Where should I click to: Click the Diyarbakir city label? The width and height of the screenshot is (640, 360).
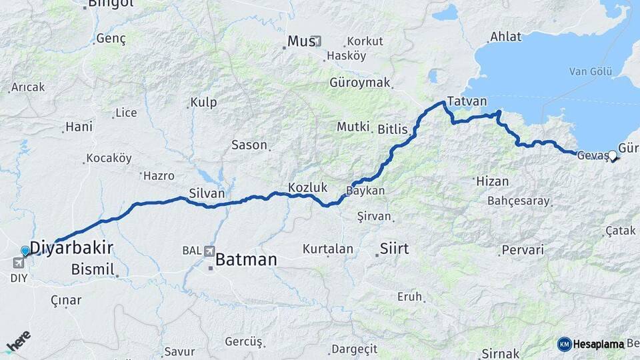[x=71, y=248]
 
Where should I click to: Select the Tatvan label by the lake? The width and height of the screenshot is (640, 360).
[x=467, y=101]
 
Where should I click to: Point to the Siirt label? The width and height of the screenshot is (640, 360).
[x=394, y=249]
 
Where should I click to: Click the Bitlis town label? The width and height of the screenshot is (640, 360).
[x=392, y=129]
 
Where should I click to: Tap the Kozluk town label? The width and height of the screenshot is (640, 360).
[x=307, y=187]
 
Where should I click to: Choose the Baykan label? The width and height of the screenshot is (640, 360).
[x=365, y=191]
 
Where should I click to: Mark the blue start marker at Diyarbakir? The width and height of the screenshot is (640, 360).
[x=25, y=251]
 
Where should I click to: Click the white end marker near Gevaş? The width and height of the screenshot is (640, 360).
[x=613, y=156]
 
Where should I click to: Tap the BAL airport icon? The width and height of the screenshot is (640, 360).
[x=211, y=251]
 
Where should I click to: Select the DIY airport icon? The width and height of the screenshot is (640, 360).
[x=17, y=263]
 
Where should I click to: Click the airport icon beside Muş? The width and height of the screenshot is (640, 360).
[x=317, y=41]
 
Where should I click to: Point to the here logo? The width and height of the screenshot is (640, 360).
[x=18, y=341]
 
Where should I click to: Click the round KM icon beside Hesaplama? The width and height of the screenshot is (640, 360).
[x=564, y=344]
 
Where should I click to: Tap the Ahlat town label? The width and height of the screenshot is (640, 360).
[x=505, y=37]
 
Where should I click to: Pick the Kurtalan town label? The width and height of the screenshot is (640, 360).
[x=327, y=249]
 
